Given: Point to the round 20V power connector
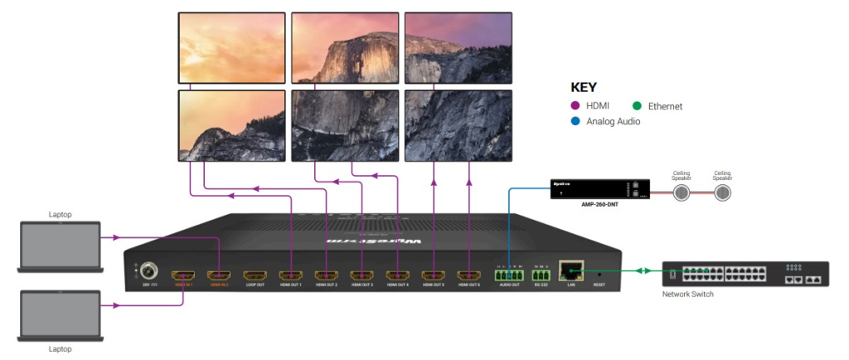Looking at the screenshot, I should [150, 270].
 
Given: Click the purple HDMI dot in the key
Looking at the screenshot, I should [576, 106].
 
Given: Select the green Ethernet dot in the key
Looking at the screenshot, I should [637, 106].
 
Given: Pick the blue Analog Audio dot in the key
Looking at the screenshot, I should [576, 121].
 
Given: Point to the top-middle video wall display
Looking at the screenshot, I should [343, 47].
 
